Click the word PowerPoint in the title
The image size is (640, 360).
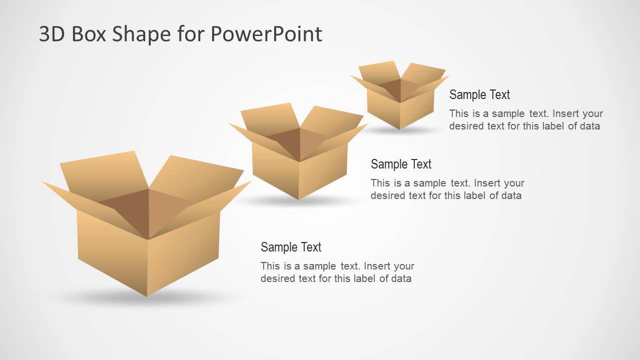[266, 34]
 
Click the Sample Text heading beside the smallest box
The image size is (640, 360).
[479, 94]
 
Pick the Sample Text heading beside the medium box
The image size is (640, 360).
[401, 164]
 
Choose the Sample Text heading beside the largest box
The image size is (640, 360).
[291, 247]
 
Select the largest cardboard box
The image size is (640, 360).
[148, 240]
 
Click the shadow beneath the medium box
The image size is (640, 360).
[299, 201]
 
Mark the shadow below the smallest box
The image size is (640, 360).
[400, 131]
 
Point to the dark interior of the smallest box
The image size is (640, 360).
[393, 89]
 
